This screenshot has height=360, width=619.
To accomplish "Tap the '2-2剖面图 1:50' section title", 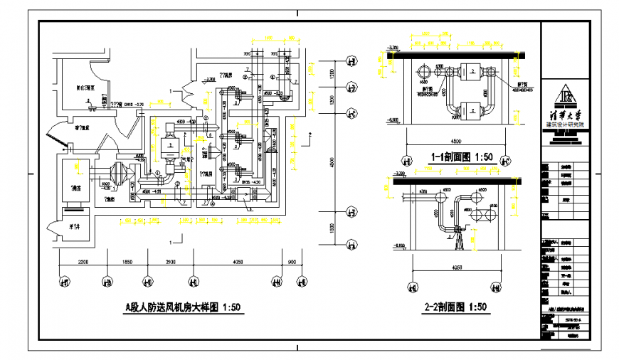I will [x=455, y=307].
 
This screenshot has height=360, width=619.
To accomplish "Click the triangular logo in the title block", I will [x=563, y=95].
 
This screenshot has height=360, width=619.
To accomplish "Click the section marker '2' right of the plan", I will [x=310, y=133].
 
